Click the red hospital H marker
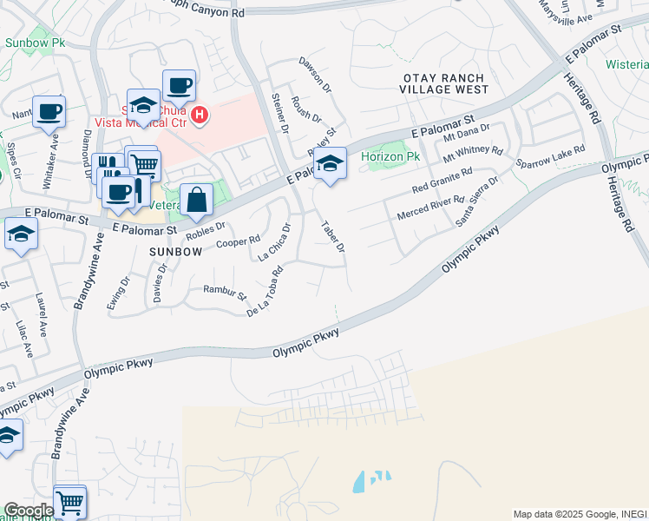(x=200, y=115)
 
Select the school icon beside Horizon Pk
(x=330, y=163)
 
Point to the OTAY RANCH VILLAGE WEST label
(x=446, y=84)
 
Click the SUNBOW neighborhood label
(x=175, y=251)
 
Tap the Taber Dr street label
(x=333, y=237)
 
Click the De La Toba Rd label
(x=265, y=293)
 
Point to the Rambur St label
(x=225, y=292)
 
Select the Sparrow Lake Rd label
(x=550, y=157)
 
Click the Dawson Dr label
(x=315, y=75)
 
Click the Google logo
(x=28, y=511)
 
